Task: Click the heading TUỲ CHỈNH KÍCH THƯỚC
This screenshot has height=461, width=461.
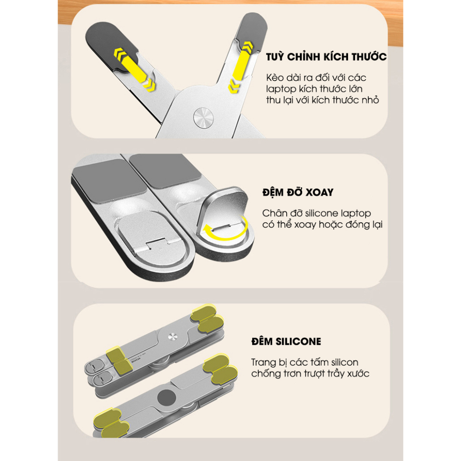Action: tap(326, 56)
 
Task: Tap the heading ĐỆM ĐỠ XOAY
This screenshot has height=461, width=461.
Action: tap(298, 192)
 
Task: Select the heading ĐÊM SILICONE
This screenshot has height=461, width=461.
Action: tap(286, 341)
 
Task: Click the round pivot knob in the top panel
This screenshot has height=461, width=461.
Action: tap(203, 118)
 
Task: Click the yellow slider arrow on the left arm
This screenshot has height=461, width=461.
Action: tap(135, 69)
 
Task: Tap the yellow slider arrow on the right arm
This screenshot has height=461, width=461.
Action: tap(240, 68)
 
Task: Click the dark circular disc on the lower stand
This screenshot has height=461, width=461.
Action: tap(167, 398)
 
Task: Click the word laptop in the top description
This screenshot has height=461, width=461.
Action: tap(277, 89)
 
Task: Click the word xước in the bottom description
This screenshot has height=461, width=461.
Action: tap(358, 373)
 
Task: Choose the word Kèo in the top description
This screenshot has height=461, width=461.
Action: tap(275, 77)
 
